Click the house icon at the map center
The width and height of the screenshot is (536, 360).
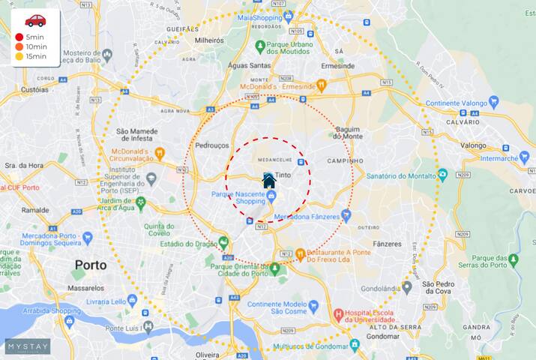268,181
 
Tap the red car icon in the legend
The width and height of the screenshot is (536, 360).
35,20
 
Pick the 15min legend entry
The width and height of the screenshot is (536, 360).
34,56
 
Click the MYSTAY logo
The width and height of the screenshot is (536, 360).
28,346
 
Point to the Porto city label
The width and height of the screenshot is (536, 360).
90,265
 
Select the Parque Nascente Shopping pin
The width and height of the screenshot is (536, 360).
271,196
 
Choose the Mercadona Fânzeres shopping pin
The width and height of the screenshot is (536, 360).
346,215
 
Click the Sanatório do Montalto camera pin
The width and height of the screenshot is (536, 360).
442,175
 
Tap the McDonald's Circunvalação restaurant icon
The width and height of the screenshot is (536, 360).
159,154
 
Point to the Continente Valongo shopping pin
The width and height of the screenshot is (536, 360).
493,103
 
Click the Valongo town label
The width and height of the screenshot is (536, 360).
473,145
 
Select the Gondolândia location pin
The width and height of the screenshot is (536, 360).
406,286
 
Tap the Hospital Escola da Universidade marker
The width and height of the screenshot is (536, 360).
338,313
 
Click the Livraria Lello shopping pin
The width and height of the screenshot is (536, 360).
132,301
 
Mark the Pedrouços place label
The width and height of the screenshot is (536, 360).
211,145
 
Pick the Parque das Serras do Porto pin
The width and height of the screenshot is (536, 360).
513,260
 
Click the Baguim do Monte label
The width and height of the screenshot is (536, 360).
348,133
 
